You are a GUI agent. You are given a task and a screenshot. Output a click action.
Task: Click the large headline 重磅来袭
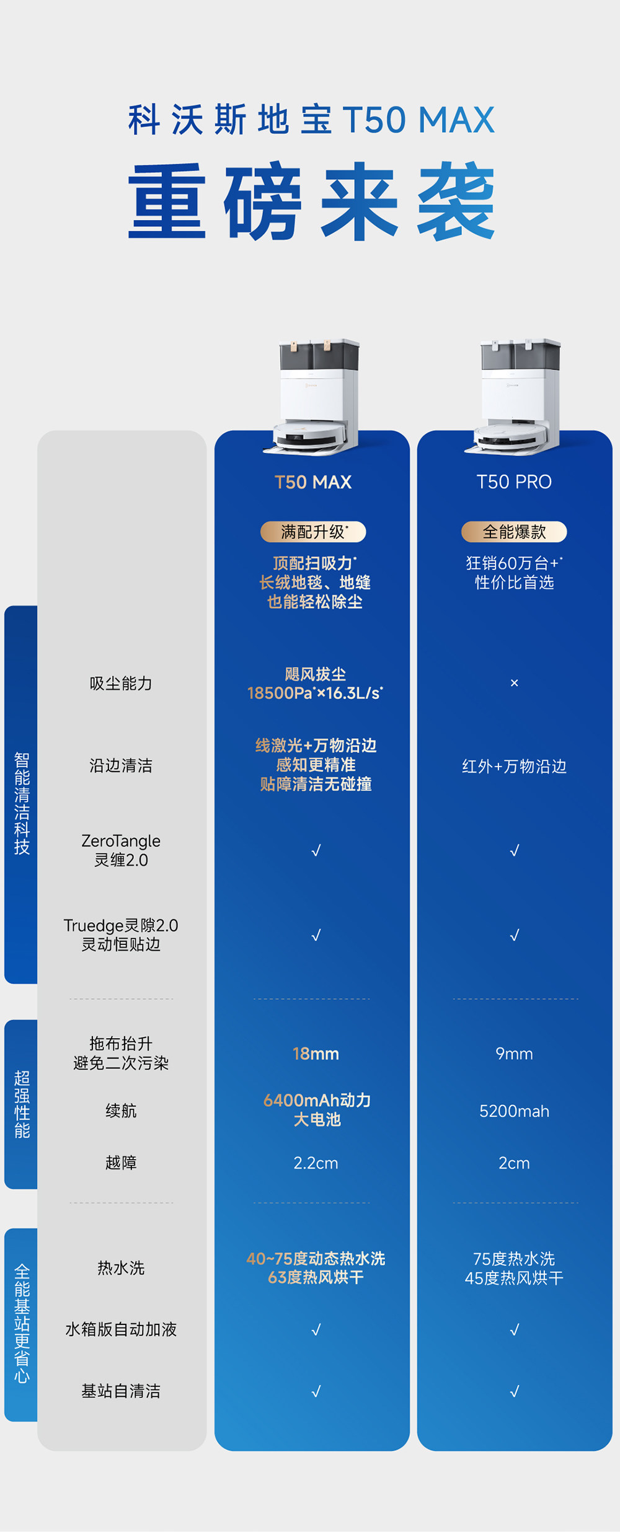[x=311, y=201]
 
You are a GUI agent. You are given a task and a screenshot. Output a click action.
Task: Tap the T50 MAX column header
[x=313, y=482]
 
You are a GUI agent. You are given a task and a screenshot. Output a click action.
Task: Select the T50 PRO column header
[x=514, y=482]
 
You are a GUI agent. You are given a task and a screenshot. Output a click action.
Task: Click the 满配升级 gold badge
[x=313, y=532]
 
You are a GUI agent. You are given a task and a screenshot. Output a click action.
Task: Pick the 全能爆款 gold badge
[x=514, y=532]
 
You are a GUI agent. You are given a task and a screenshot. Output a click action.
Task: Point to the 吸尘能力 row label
[x=121, y=684]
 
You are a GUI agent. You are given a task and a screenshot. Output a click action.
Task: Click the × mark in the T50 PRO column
[x=514, y=683]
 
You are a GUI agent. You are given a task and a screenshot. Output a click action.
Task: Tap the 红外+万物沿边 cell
[x=514, y=767]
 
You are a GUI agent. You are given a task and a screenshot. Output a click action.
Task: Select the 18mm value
[x=316, y=1054]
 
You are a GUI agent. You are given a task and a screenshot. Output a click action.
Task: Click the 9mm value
[x=514, y=1054]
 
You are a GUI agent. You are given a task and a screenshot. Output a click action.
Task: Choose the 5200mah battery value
[x=514, y=1111]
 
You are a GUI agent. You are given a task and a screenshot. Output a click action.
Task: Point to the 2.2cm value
[x=316, y=1163]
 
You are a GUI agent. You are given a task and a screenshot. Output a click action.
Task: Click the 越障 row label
[x=121, y=1163]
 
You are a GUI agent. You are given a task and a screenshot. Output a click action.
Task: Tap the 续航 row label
[x=121, y=1111]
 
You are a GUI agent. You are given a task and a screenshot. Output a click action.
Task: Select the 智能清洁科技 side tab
[x=22, y=803]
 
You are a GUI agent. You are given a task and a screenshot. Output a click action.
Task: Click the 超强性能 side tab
[x=22, y=1104]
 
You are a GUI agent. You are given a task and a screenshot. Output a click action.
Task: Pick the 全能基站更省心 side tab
[x=22, y=1324]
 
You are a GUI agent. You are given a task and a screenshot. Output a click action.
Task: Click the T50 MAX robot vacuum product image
[x=316, y=397]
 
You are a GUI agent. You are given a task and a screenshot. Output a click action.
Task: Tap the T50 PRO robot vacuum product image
[x=518, y=397]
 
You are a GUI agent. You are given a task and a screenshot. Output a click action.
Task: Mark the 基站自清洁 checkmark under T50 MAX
[x=316, y=1391]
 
